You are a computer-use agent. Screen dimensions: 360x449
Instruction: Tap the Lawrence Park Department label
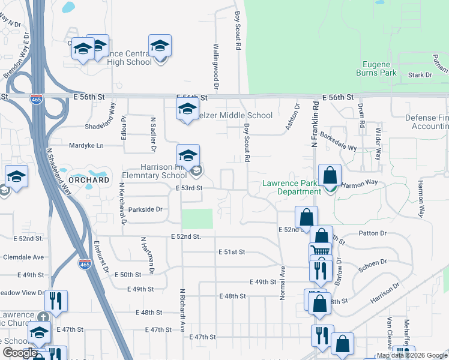[291, 187]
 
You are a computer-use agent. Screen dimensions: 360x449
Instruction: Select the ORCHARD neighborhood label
[89, 179]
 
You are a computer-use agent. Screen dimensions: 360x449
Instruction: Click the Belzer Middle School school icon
[187, 109]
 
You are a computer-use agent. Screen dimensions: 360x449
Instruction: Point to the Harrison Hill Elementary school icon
[188, 155]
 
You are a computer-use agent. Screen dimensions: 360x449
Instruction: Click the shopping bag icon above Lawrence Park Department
[330, 176]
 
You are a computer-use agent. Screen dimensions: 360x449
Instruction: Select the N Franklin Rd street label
[314, 124]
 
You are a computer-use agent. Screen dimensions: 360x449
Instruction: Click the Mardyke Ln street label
[87, 145]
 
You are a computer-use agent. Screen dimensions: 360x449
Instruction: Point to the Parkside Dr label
[146, 209]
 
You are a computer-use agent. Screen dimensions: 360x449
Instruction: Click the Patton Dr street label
[372, 233]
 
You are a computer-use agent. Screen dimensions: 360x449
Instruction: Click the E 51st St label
[232, 252]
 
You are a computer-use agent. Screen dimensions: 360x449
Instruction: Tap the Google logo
[20, 353]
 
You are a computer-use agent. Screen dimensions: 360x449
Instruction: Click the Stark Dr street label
[420, 75]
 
